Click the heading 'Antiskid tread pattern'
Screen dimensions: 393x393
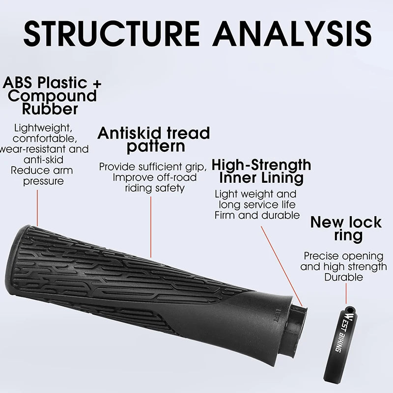(x=153, y=140)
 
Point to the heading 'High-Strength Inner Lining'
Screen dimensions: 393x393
(x=261, y=170)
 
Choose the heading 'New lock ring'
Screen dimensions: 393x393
(x=345, y=228)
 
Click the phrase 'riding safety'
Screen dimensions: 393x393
(x=154, y=188)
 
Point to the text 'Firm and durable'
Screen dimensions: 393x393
(x=257, y=215)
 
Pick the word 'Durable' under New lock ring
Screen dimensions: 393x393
(x=343, y=277)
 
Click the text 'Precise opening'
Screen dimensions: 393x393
(x=343, y=256)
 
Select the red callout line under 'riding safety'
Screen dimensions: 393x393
(x=151, y=226)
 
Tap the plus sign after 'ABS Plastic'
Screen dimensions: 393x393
(x=96, y=83)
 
